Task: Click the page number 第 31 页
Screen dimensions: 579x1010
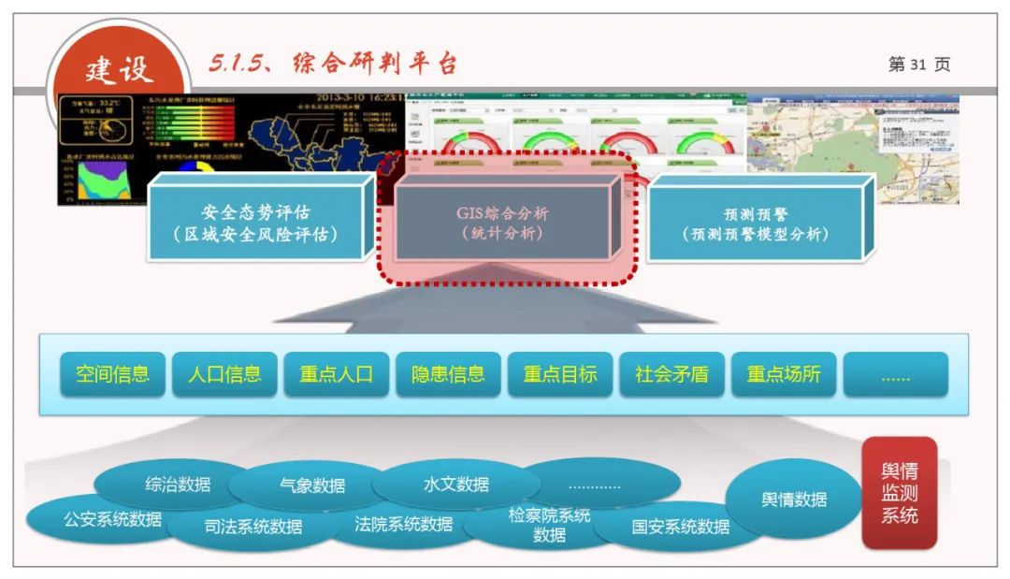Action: tap(918, 65)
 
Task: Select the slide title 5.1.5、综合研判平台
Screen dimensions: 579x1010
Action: tap(333, 64)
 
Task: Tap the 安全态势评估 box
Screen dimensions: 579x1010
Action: tap(254, 223)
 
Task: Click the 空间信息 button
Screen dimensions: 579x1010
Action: tap(112, 374)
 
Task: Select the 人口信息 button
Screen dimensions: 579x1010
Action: tap(224, 374)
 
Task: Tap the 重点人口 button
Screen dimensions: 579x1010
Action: tap(336, 374)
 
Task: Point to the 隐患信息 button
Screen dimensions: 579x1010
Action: tap(448, 374)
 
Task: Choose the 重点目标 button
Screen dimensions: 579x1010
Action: tap(559, 374)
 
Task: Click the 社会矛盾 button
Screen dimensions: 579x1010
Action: tap(671, 374)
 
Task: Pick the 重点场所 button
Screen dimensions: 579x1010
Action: tap(784, 374)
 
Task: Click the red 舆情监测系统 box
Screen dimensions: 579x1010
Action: tap(899, 493)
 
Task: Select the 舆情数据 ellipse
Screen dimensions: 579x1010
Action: tap(794, 499)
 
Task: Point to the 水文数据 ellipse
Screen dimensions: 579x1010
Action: tap(456, 484)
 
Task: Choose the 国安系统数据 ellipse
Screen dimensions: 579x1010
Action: tap(680, 527)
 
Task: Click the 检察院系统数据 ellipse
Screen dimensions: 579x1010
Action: tap(549, 525)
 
